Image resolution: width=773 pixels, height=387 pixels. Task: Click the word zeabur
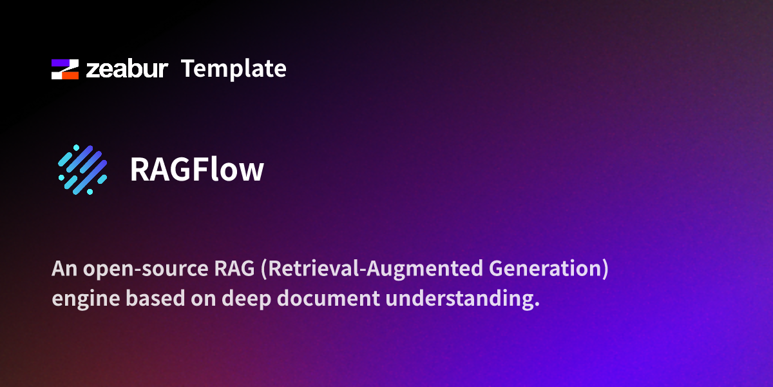(x=127, y=69)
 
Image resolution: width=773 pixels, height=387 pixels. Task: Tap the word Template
(x=233, y=68)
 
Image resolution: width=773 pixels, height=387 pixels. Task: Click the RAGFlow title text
(x=197, y=170)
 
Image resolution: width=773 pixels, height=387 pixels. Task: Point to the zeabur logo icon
(x=65, y=69)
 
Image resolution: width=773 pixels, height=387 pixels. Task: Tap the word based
(x=143, y=299)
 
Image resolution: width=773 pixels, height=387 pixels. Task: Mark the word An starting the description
(x=62, y=269)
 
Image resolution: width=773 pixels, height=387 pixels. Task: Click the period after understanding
(x=536, y=305)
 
